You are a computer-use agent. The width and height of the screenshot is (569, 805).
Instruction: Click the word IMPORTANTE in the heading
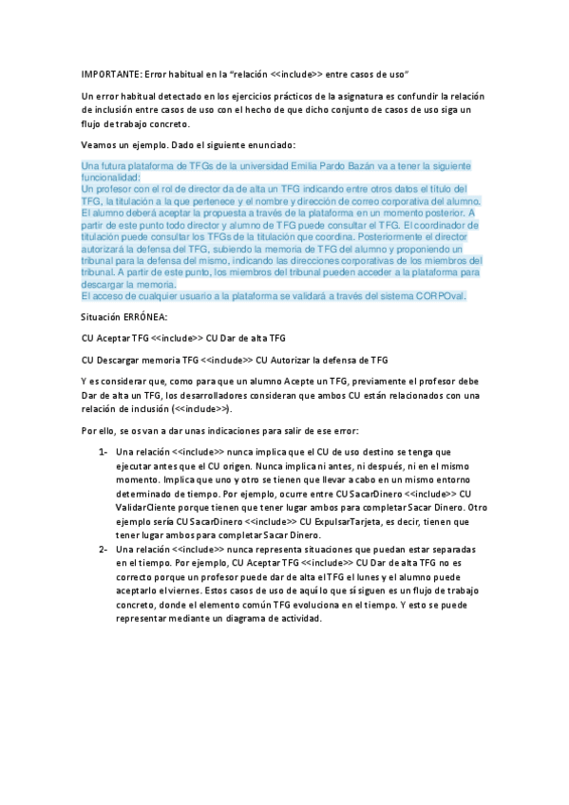tap(106, 73)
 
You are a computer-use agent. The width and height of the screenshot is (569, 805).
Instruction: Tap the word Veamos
tap(98, 144)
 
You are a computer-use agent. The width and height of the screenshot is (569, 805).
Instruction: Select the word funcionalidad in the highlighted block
tap(110, 178)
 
